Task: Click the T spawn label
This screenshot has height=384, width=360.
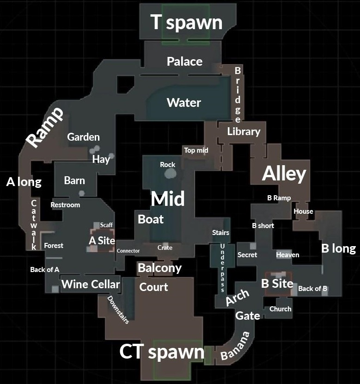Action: coord(186,22)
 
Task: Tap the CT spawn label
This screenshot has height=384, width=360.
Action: coord(162,352)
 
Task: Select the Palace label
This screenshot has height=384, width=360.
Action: coord(184,61)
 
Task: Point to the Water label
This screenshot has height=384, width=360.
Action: coord(183,102)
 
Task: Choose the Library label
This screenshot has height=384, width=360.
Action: coord(244,131)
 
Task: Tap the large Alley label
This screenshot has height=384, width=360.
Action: coord(284,174)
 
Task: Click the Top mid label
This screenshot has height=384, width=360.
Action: coord(196,150)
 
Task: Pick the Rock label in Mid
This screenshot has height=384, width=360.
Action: coord(168,164)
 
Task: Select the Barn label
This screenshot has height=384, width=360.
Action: coord(74,180)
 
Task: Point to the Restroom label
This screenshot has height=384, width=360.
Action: coord(65,204)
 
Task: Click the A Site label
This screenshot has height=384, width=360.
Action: coord(102,241)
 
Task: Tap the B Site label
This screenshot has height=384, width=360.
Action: coord(277,283)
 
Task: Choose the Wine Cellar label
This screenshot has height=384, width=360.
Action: coord(91,284)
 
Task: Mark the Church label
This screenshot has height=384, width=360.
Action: coord(280,309)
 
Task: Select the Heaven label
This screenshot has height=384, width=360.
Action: coord(287,254)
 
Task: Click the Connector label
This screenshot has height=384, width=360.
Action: coord(128,251)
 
